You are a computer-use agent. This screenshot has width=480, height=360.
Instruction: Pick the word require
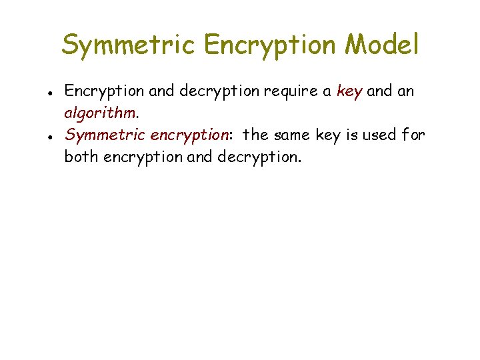[291, 92]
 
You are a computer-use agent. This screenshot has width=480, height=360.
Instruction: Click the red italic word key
[349, 91]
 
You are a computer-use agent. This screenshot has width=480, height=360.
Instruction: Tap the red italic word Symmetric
[105, 135]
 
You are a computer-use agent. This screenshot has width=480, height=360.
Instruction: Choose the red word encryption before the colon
[189, 136]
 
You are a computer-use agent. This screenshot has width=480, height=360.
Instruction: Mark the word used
[377, 135]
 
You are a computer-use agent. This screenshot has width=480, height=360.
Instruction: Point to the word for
[413, 135]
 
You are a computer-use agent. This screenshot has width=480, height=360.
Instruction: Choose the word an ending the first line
[406, 91]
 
